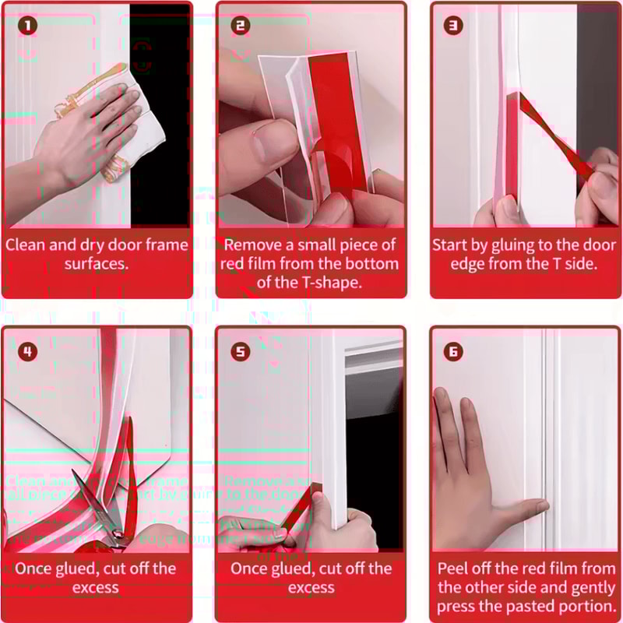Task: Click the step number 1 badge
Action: (x=29, y=26)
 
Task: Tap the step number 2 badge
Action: (x=241, y=26)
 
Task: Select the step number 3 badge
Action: (x=455, y=26)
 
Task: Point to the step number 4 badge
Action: (x=29, y=351)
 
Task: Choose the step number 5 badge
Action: (x=241, y=351)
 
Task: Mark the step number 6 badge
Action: (x=455, y=351)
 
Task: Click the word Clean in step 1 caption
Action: (x=26, y=245)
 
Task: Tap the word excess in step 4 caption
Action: (x=97, y=587)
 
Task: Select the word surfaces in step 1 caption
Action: (x=97, y=263)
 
